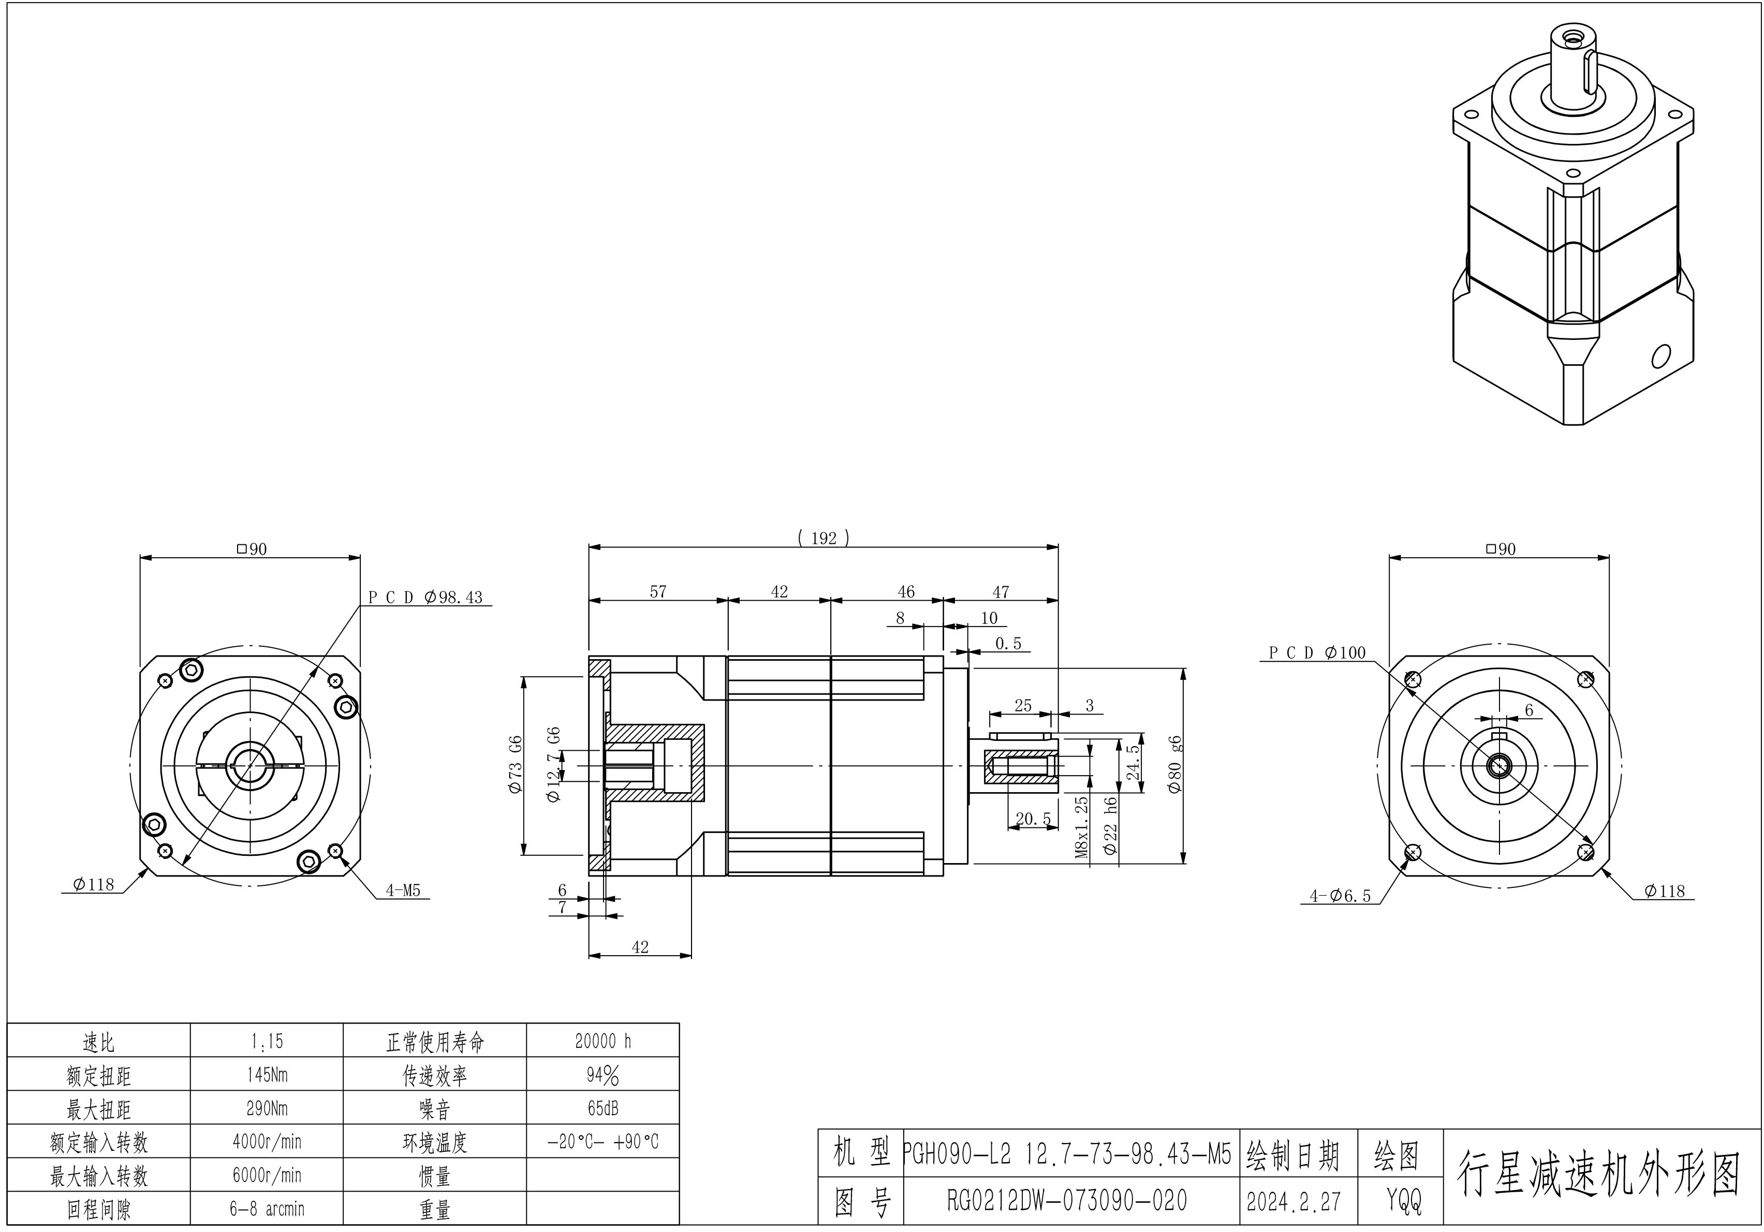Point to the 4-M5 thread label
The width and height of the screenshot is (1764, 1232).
point(403,891)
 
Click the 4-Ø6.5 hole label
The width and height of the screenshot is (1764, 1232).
point(1340,896)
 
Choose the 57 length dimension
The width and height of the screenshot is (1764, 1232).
point(658,591)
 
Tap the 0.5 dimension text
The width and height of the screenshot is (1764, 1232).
point(1008,644)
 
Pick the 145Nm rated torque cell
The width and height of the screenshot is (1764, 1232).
point(267,1075)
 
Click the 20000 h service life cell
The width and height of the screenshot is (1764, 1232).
point(602,1041)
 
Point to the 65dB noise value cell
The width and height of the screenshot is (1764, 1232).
point(602,1108)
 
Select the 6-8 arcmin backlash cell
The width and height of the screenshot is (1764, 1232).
point(267,1209)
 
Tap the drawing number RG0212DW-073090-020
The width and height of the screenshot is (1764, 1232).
point(1067,1200)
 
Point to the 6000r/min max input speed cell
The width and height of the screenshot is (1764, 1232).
point(267,1175)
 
